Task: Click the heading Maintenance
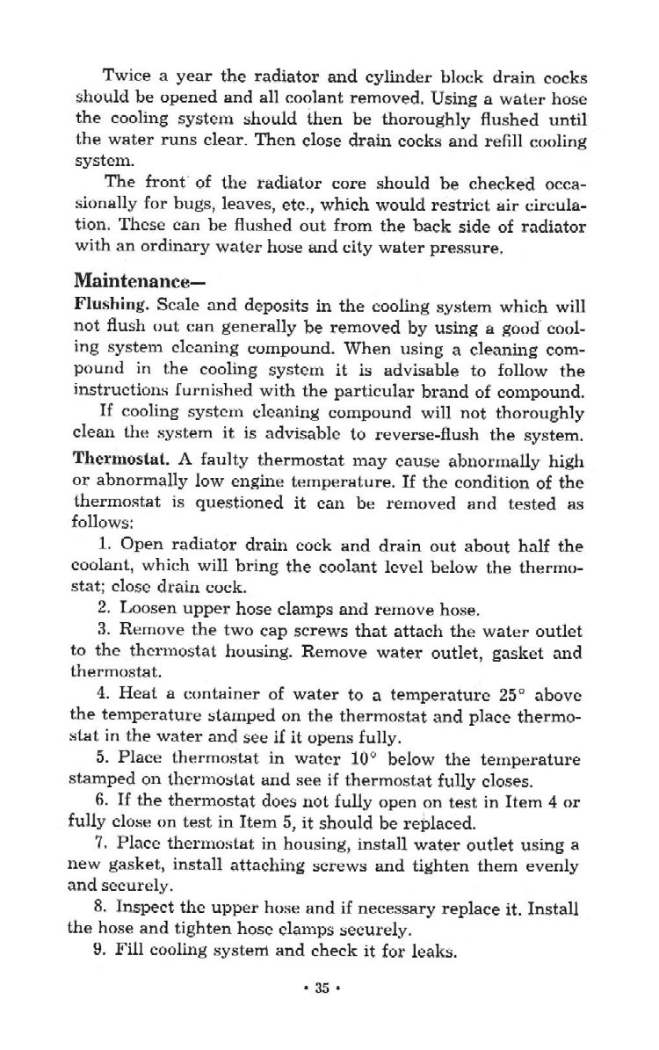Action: coord(133,282)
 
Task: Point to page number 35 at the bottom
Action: coord(322,988)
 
